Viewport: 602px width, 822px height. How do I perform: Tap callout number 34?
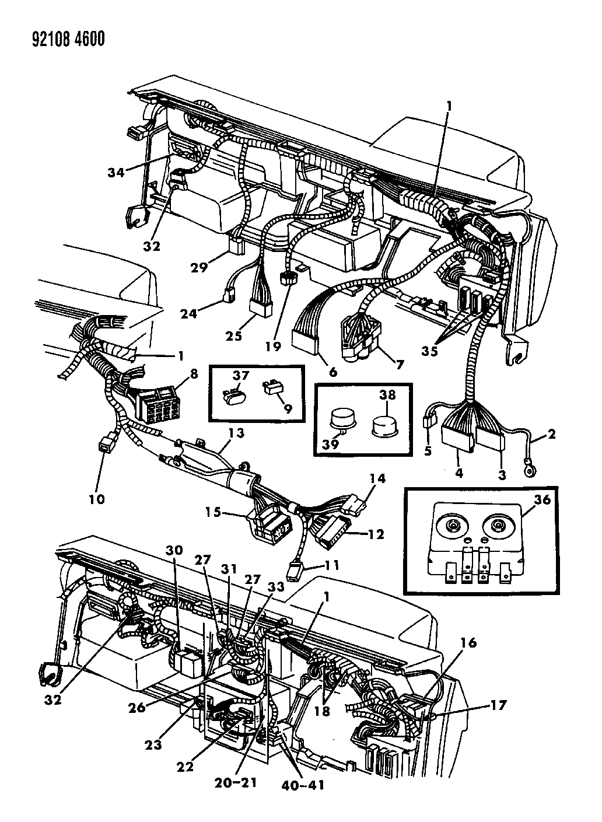[116, 172]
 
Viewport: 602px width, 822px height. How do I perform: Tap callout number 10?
[96, 499]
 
